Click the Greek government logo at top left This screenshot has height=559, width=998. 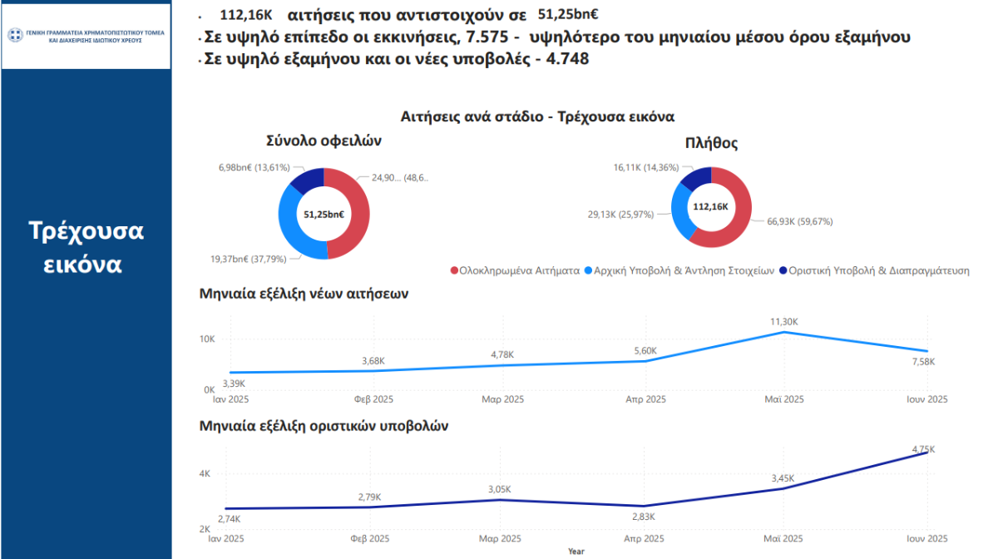point(15,35)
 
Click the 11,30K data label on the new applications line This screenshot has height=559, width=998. point(784,321)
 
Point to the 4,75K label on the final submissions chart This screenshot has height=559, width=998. point(921,449)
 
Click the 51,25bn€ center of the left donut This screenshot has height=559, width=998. point(324,215)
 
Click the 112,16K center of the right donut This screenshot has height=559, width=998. point(710,207)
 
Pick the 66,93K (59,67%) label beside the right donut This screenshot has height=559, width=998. point(793,221)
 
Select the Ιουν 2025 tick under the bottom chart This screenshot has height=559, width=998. point(926,538)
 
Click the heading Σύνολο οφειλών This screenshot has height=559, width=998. point(324,141)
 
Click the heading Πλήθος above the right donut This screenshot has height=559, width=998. point(711,143)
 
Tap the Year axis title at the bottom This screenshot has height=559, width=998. point(576,551)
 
